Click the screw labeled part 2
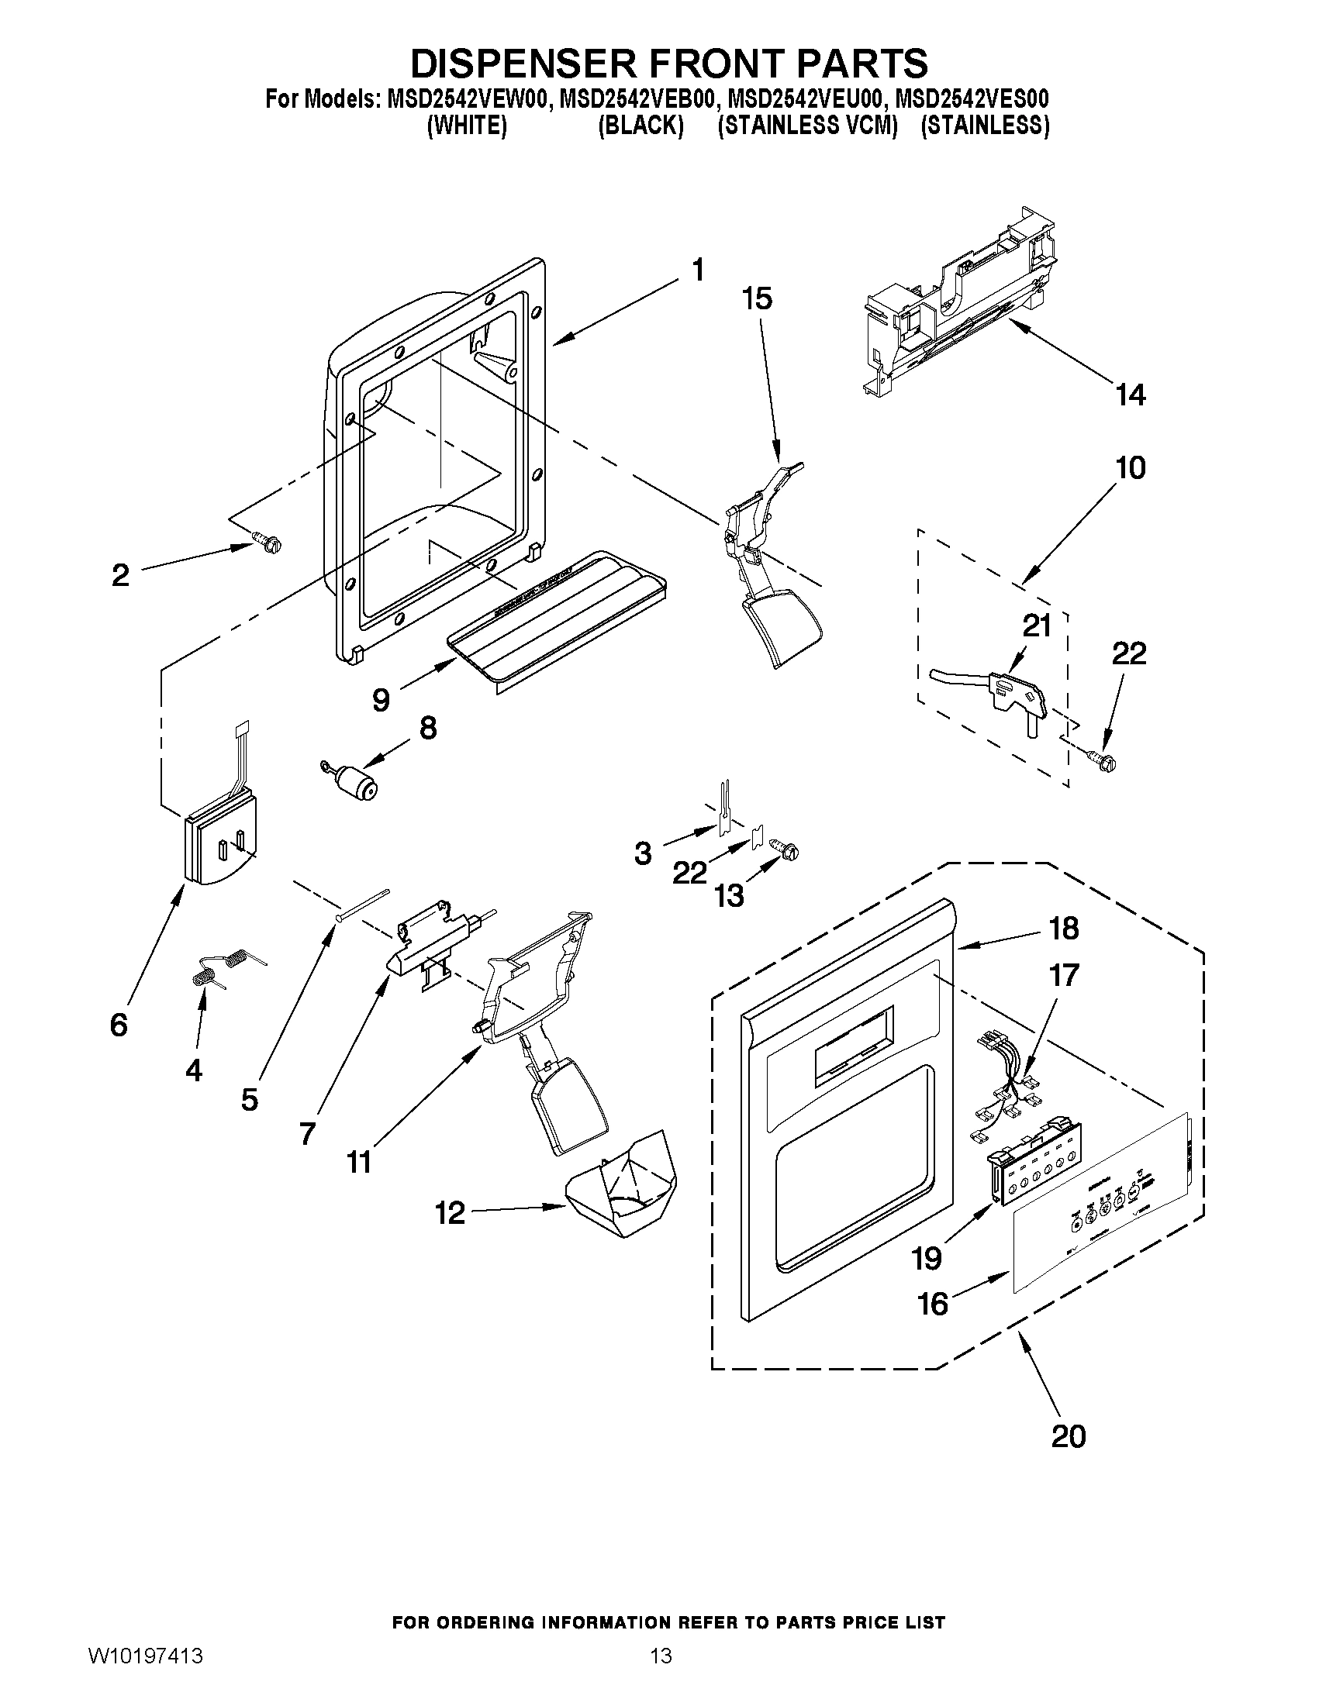tap(268, 542)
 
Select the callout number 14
tap(1130, 395)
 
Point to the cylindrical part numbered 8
tap(356, 781)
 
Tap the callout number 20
tap(1069, 1435)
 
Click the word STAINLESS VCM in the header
tap(807, 126)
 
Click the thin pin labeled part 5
tap(364, 905)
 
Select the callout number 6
tap(119, 1024)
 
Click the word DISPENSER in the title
tap(549, 64)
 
